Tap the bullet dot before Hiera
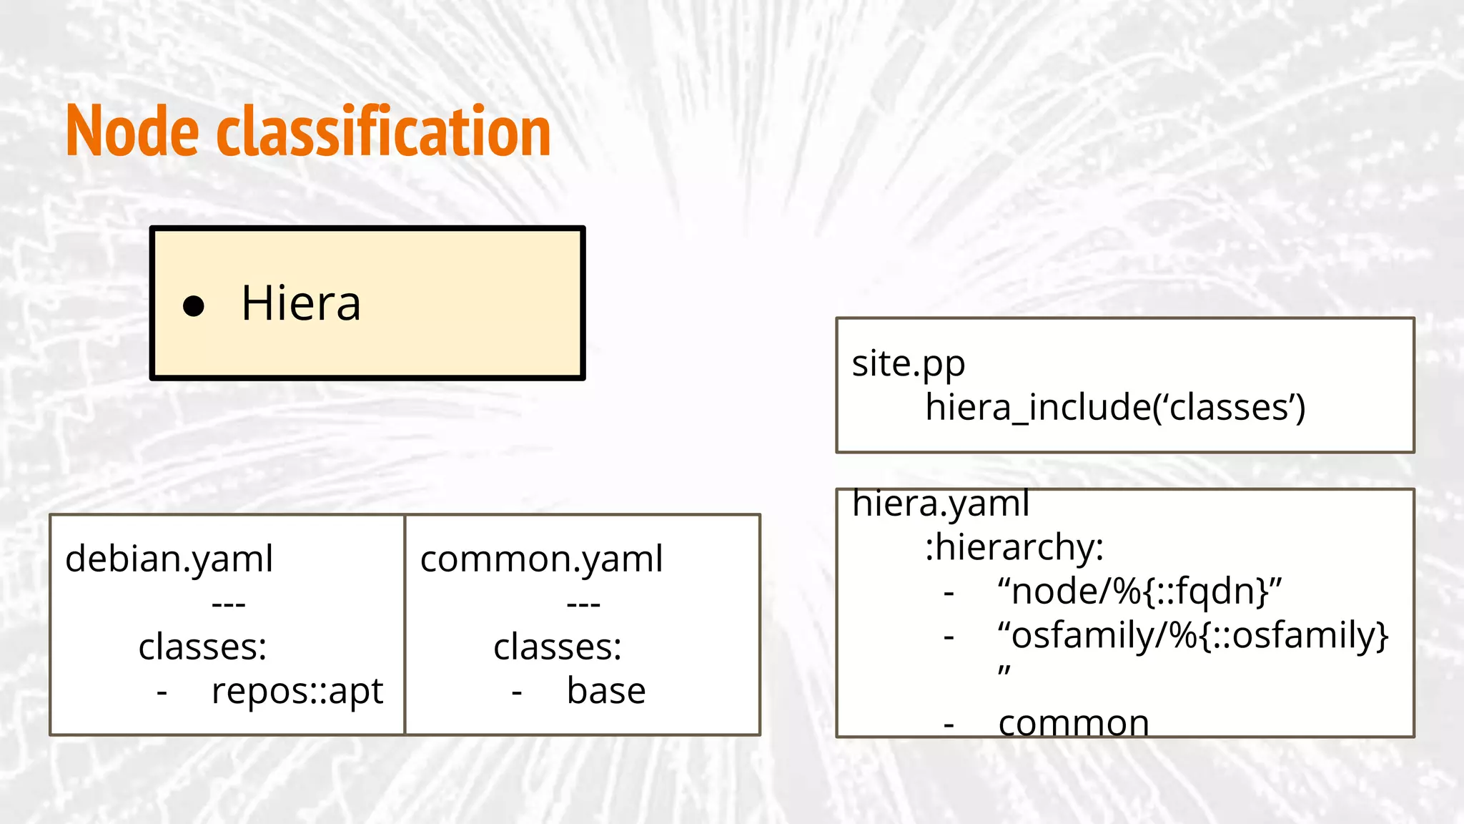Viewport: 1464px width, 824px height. (194, 306)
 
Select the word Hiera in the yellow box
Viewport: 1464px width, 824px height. (301, 303)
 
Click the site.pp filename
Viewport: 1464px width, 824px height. (908, 364)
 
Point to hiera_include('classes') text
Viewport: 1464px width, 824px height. (1114, 408)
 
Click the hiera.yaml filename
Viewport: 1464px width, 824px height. (941, 504)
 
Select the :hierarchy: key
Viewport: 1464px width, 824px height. (1014, 548)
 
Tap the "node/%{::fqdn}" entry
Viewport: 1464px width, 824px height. (1139, 592)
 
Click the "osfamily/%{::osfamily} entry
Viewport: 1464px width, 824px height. (1192, 635)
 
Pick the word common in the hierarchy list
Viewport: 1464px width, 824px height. (1073, 723)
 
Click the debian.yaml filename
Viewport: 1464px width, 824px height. (169, 559)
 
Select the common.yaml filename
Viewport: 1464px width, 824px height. (541, 559)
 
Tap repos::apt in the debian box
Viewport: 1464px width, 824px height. (297, 691)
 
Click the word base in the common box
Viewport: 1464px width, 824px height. (606, 691)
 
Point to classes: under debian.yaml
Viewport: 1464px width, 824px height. (202, 647)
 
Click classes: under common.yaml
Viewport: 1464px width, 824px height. (558, 647)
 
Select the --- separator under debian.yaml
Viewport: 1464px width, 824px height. (229, 604)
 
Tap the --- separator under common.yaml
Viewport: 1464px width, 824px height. (583, 604)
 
